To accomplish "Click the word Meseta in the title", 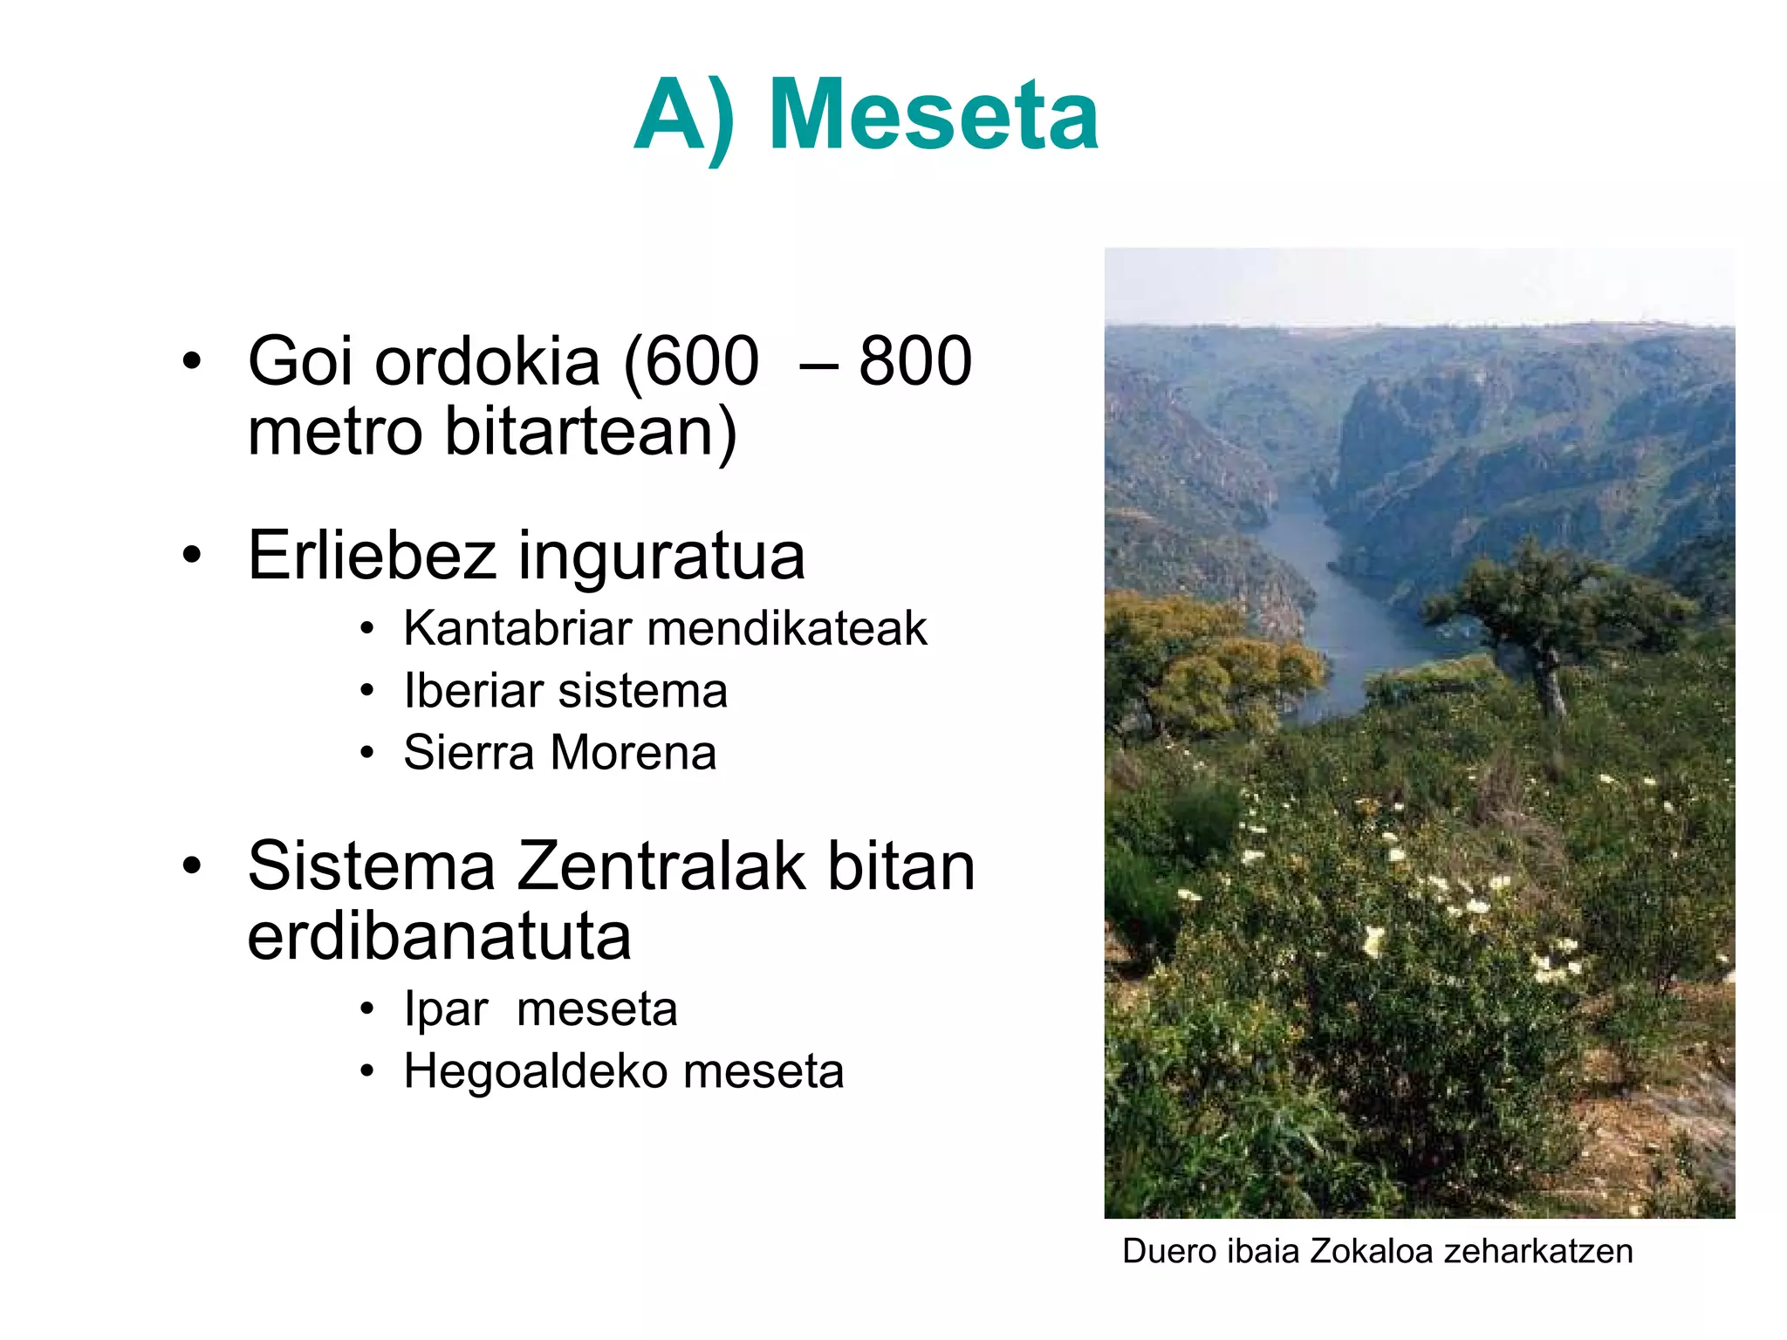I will click(x=933, y=115).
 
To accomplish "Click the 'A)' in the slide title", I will click(x=685, y=115).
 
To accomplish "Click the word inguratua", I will click(x=661, y=557).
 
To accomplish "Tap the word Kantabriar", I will click(x=517, y=628).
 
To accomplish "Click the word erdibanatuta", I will click(x=439, y=936).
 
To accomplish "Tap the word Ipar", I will click(x=445, y=1009).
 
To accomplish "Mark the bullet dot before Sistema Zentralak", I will click(x=192, y=866).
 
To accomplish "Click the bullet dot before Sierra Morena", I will click(x=367, y=753).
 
